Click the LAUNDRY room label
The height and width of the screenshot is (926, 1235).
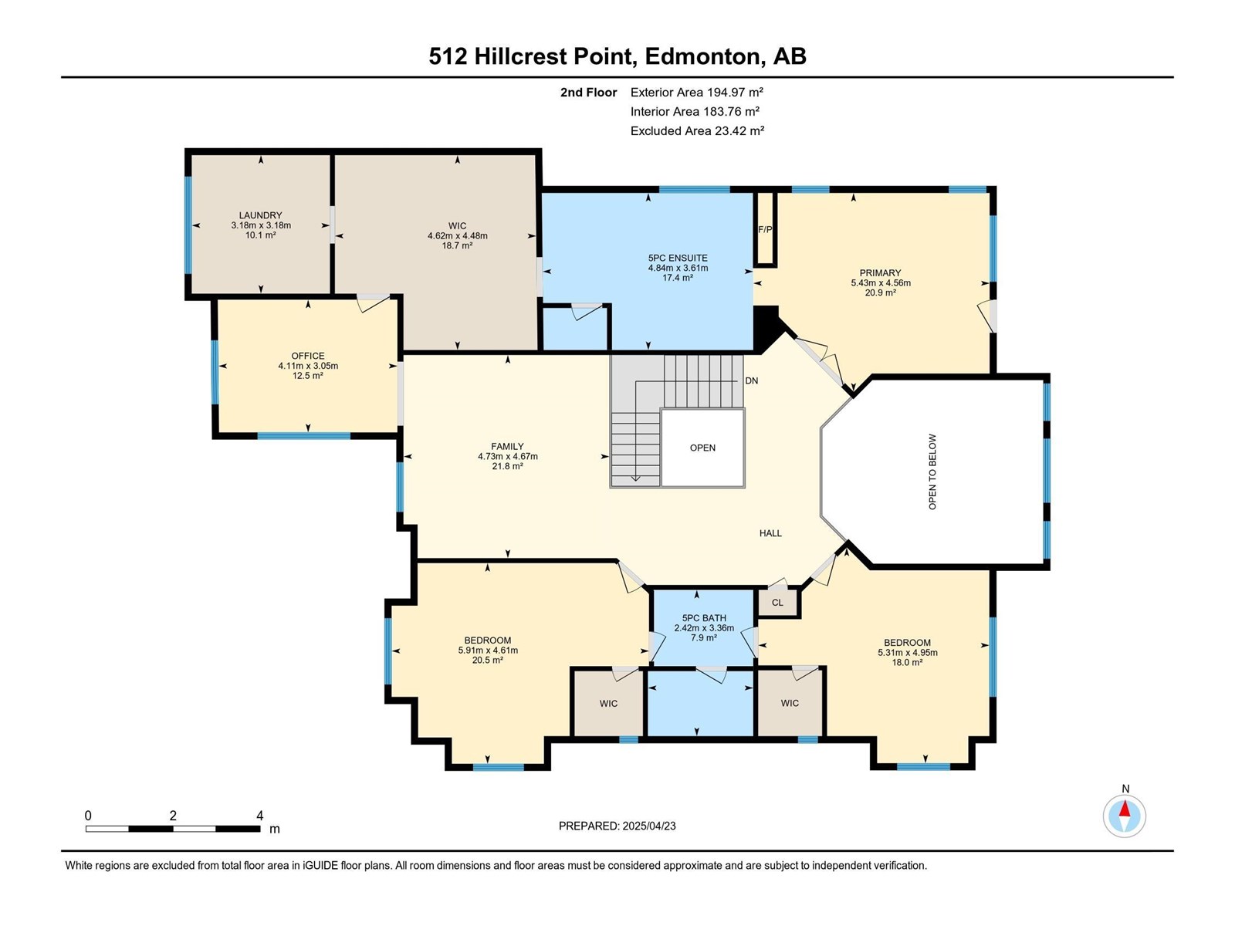(260, 215)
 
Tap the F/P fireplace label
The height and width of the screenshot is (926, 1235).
(765, 229)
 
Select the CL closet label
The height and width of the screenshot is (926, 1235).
(777, 603)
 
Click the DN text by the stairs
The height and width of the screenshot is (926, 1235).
(752, 380)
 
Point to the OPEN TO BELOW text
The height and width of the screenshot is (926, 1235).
(933, 471)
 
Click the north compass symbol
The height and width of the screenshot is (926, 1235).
(1124, 816)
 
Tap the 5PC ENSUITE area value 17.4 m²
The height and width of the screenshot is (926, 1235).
(678, 278)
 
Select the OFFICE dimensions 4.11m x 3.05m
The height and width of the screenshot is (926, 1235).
(308, 366)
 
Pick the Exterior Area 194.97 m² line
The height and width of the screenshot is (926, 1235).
(696, 92)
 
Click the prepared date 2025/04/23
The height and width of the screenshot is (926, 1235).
(648, 826)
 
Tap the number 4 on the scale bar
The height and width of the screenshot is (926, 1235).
(260, 815)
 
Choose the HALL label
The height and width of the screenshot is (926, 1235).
(771, 533)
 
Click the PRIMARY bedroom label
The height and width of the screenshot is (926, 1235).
(881, 272)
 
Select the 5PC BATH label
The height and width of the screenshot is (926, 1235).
(704, 618)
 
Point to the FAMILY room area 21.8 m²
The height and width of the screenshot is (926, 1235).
(507, 466)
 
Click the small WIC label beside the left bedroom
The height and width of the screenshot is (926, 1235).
(609, 703)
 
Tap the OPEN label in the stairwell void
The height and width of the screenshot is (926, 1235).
(702, 448)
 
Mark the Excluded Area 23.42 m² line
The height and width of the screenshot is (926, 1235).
(697, 131)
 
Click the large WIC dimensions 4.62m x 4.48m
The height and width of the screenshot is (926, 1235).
(458, 236)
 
